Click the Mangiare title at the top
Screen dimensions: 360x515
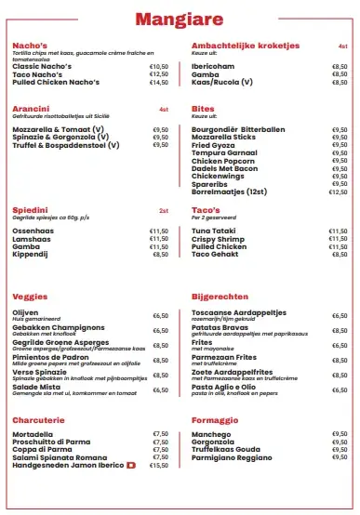point(180,19)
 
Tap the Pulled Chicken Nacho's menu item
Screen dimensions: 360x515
point(57,83)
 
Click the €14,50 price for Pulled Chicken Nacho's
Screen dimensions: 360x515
point(159,83)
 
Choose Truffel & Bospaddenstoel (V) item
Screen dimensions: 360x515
point(66,145)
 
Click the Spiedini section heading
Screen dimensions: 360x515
point(30,209)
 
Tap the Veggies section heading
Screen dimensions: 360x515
point(30,296)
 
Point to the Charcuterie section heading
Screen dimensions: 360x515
point(38,419)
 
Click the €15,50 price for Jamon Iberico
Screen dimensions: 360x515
point(159,465)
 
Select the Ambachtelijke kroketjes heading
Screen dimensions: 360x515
point(245,44)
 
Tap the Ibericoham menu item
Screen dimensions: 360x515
point(213,67)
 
